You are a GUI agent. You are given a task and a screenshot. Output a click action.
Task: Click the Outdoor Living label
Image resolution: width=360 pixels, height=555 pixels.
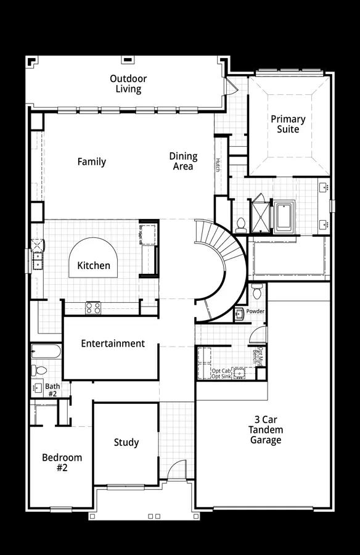[x=126, y=84]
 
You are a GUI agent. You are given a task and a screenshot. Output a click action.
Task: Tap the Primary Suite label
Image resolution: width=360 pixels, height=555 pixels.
[x=288, y=124]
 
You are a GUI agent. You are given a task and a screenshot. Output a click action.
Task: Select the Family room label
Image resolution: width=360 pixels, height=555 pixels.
[x=91, y=162]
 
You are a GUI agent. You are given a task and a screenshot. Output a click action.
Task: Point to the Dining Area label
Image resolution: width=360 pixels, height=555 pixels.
[x=183, y=161]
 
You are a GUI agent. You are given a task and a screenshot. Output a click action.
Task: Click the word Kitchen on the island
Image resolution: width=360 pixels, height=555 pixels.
[x=94, y=266]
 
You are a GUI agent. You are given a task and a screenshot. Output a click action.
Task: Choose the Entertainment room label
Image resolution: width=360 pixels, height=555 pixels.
[x=113, y=343]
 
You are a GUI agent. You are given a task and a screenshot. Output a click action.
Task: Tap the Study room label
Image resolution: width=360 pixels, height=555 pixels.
[x=126, y=442]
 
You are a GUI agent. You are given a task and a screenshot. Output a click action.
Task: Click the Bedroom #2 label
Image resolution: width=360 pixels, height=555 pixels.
[x=62, y=462]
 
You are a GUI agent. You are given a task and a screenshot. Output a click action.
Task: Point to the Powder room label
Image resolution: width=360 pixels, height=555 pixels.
[x=255, y=311]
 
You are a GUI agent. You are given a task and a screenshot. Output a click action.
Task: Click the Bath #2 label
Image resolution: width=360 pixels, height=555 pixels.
[x=52, y=390]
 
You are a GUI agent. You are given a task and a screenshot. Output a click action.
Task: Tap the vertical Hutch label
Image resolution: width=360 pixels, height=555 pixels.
[x=218, y=165]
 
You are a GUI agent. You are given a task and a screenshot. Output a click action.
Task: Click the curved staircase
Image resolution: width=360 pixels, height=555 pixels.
[x=222, y=259]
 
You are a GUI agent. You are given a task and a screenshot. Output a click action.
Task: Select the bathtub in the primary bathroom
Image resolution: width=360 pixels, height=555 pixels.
[x=284, y=216]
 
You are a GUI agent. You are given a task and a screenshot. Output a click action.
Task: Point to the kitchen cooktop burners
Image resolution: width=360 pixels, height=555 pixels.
[x=92, y=307]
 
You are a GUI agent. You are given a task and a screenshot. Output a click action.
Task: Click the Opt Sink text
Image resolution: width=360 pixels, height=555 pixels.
[x=221, y=376]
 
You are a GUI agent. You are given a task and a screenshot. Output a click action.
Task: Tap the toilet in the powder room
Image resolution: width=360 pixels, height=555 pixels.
[x=257, y=289]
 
